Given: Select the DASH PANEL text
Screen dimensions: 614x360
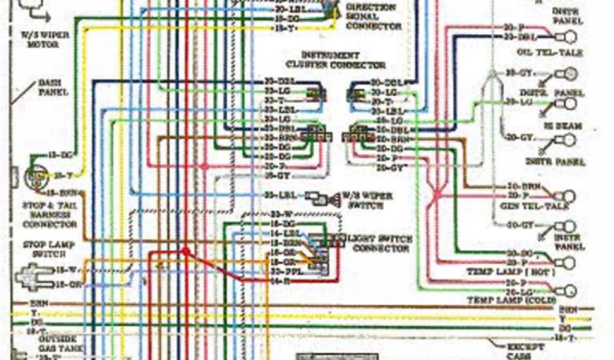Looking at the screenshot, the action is point(53,88).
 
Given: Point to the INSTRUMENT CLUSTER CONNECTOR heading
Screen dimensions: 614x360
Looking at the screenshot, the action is point(335,60).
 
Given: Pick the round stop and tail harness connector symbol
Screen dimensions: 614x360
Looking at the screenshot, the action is point(34,176).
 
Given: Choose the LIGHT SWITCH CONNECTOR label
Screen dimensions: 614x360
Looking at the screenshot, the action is point(380,243).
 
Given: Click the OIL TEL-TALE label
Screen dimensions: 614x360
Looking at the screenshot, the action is point(549,53).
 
